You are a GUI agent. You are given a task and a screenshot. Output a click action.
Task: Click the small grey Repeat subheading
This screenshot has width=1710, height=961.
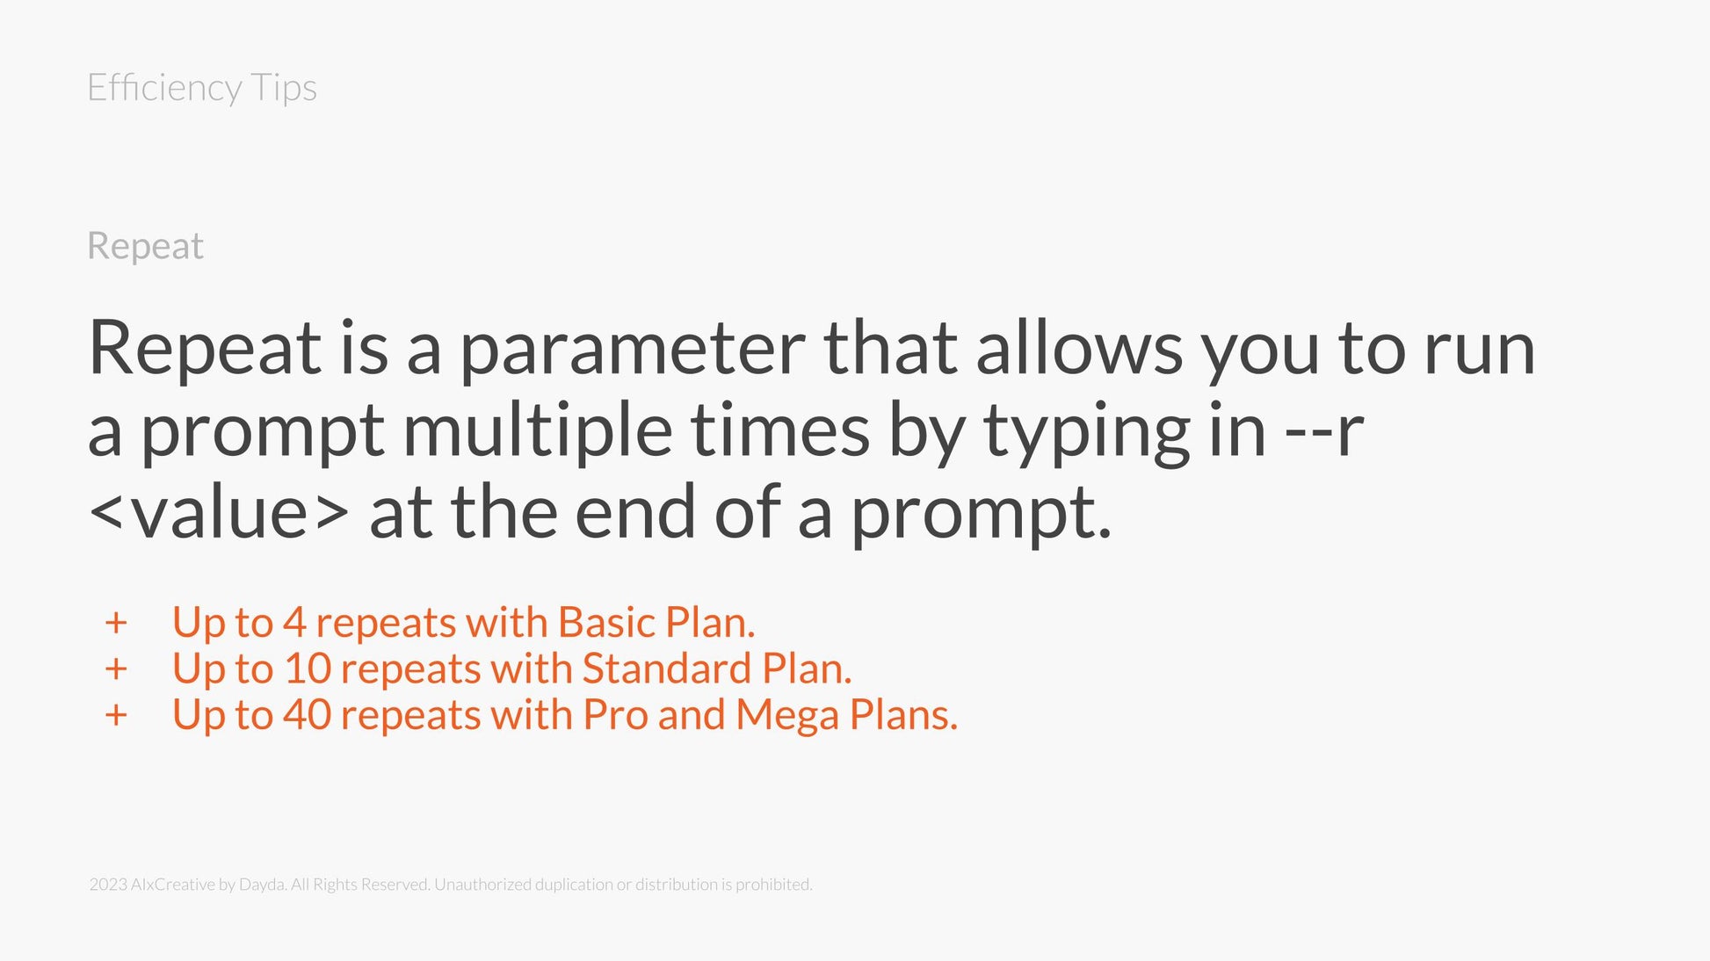click(146, 247)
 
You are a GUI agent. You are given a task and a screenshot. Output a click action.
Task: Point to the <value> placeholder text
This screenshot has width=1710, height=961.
click(219, 512)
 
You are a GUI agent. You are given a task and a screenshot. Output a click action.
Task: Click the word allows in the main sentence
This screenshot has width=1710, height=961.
click(1079, 348)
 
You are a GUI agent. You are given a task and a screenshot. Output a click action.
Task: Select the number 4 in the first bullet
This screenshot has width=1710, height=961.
click(294, 623)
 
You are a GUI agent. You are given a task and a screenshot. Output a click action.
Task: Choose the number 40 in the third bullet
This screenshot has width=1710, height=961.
click(307, 715)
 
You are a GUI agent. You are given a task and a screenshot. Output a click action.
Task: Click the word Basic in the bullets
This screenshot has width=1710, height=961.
click(607, 623)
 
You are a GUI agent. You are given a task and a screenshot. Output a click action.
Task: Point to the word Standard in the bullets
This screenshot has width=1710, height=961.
click(667, 668)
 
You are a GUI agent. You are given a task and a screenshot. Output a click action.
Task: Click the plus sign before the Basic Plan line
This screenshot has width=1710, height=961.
click(116, 623)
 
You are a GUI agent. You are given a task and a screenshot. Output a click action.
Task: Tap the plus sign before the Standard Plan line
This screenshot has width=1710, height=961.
click(116, 669)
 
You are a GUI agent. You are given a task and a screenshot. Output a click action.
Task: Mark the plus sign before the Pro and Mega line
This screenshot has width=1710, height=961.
click(116, 715)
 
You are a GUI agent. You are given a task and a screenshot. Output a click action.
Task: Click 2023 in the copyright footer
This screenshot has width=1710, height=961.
click(108, 885)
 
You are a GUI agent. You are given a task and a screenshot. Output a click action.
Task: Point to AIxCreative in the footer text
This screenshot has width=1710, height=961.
click(172, 885)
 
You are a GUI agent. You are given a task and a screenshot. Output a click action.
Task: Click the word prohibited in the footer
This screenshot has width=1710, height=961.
click(773, 885)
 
